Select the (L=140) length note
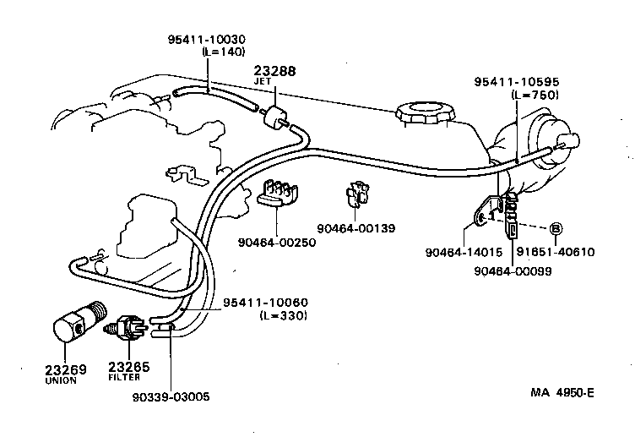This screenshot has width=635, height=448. click(222, 52)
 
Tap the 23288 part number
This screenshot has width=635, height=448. click(274, 72)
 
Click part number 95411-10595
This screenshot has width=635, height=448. click(517, 82)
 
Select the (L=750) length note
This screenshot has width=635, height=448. click(535, 95)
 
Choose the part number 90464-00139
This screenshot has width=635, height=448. click(356, 227)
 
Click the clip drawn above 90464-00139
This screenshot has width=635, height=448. click(356, 198)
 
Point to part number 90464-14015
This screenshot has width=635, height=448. click(463, 251)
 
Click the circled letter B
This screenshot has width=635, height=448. click(556, 228)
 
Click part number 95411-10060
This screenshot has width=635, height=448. click(264, 303)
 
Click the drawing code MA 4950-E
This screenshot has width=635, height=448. click(563, 392)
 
